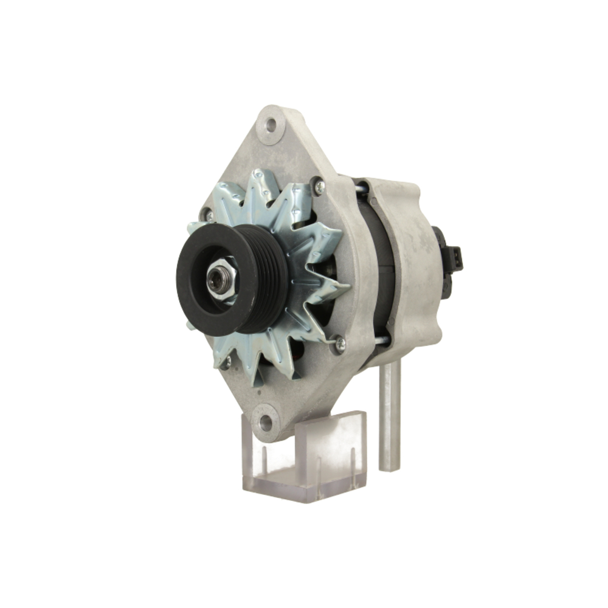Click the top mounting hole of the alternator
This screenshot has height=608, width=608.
click(x=271, y=125)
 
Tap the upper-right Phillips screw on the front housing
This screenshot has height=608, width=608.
click(x=319, y=187)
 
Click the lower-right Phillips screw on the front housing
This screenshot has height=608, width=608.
click(x=339, y=344)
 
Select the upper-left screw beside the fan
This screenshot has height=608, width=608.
click(x=209, y=215)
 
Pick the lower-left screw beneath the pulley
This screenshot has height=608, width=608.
click(x=227, y=363)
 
